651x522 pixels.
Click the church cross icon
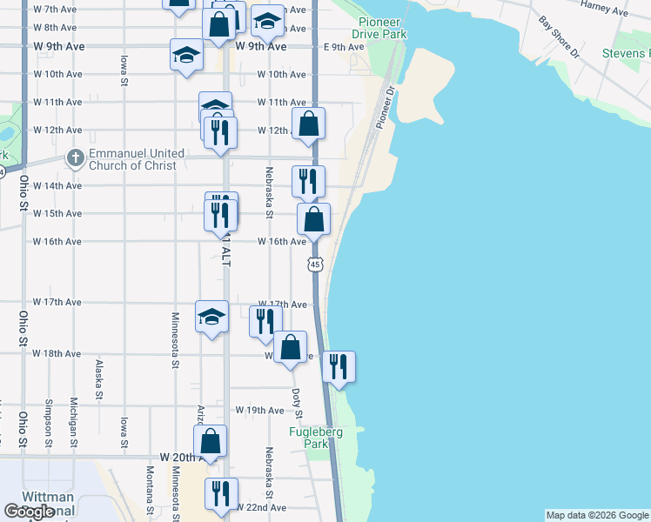pos(76,159)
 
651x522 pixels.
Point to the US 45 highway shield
pos(315,263)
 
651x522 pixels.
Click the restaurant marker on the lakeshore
pos(339,365)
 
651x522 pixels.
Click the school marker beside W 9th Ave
pos(185,55)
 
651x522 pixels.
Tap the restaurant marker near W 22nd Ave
pos(220,493)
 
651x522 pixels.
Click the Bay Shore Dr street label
pos(560,37)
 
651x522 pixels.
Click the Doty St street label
pos(296,401)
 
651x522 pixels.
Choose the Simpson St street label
pos(50,418)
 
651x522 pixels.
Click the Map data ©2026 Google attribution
pos(596,515)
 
